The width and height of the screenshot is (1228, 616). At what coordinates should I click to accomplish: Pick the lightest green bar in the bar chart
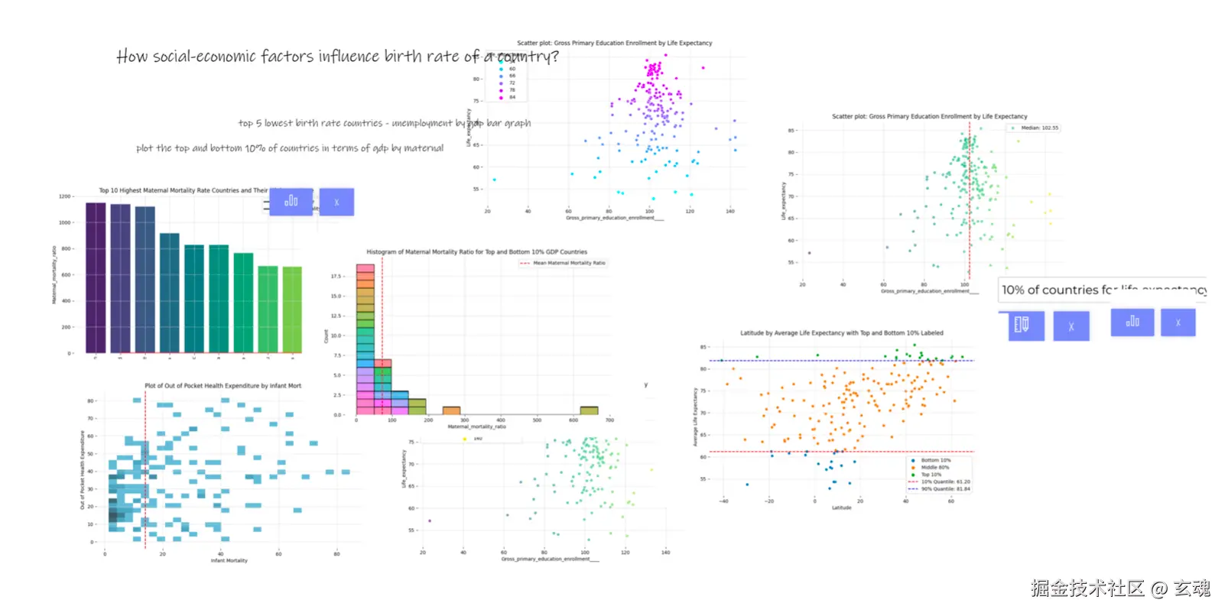(292, 309)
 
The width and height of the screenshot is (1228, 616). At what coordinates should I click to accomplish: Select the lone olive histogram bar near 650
(589, 410)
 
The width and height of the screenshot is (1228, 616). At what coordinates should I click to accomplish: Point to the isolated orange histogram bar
(451, 410)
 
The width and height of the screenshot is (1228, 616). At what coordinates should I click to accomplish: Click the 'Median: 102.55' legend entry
(1039, 128)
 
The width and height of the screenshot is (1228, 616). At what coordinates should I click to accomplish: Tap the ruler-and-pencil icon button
(1025, 326)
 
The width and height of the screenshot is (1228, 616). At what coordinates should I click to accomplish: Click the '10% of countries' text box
(1101, 290)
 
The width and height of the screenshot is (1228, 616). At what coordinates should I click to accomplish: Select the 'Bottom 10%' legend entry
(935, 460)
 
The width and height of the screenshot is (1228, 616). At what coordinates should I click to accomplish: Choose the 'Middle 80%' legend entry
(934, 467)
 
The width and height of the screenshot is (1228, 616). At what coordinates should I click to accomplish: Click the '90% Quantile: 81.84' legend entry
(944, 489)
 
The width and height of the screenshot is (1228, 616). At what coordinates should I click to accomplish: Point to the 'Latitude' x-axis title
(841, 507)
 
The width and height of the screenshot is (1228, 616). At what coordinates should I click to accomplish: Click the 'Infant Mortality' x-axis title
(229, 560)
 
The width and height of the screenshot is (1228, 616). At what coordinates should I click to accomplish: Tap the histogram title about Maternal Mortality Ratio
(476, 251)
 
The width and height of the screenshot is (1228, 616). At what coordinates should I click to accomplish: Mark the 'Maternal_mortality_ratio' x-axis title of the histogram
(476, 426)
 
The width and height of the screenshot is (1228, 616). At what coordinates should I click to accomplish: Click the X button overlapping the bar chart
(336, 202)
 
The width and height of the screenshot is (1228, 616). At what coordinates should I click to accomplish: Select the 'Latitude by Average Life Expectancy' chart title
(841, 332)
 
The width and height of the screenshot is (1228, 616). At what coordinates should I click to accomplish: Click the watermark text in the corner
(1120, 588)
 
